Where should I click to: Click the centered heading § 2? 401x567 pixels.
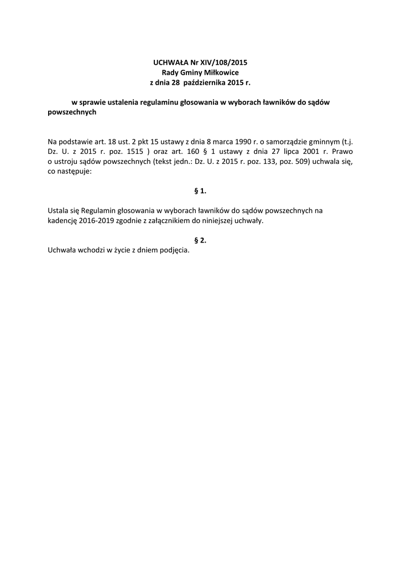click(200, 240)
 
